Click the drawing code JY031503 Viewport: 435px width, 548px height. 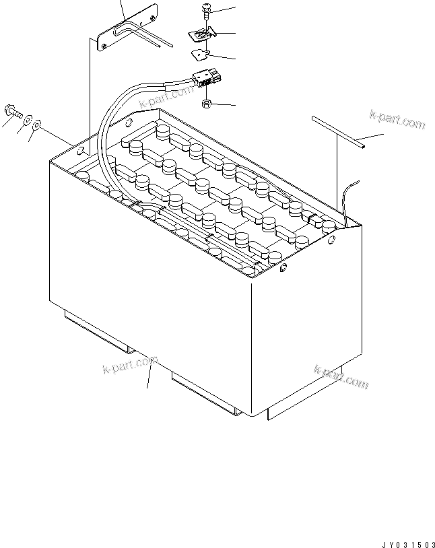[408, 545]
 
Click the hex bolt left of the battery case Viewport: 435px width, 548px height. [13, 112]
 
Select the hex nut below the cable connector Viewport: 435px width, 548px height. [207, 103]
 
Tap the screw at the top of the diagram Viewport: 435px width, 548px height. [205, 11]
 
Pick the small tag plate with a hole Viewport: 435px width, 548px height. [201, 55]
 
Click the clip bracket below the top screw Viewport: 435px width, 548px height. [202, 34]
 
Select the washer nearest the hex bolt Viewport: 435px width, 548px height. [28, 120]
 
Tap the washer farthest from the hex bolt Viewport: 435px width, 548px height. [36, 125]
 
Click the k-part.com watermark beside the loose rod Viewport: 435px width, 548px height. [397, 120]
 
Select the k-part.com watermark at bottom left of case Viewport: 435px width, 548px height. [130, 364]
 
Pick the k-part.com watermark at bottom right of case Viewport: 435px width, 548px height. [341, 377]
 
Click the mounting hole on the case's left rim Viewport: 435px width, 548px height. [80, 151]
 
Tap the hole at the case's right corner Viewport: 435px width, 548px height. [331, 240]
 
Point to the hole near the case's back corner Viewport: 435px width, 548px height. [129, 123]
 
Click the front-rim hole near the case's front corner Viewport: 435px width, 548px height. [283, 268]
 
